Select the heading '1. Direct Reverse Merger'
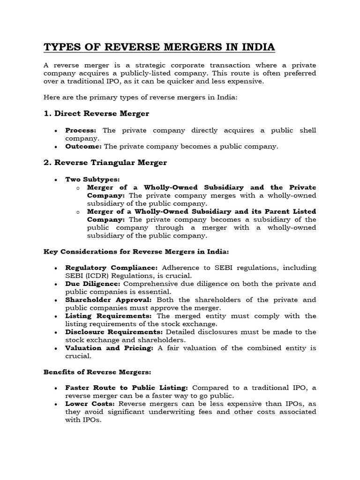pyautogui.click(x=97, y=114)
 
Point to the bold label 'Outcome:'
pyautogui.click(x=83, y=146)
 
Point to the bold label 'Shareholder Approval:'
pyautogui.click(x=109, y=300)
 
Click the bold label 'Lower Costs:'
pyautogui.click(x=90, y=404)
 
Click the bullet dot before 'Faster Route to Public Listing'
pyautogui.click(x=56, y=389)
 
